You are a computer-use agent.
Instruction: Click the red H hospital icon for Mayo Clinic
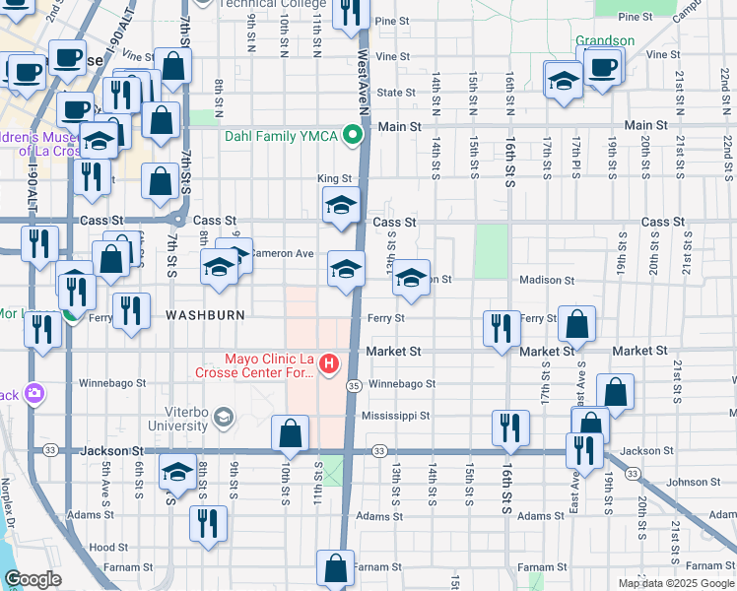(x=327, y=363)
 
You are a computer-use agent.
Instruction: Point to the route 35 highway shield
(x=353, y=385)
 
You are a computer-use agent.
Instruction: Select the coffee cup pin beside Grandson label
(x=601, y=67)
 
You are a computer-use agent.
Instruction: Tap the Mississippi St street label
(x=398, y=416)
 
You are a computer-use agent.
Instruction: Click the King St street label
(x=334, y=178)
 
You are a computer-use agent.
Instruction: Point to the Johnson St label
(x=687, y=483)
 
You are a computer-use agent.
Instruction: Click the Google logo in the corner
(x=32, y=579)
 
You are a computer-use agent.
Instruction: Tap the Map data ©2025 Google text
(x=676, y=583)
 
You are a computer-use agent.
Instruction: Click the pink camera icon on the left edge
(x=35, y=393)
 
